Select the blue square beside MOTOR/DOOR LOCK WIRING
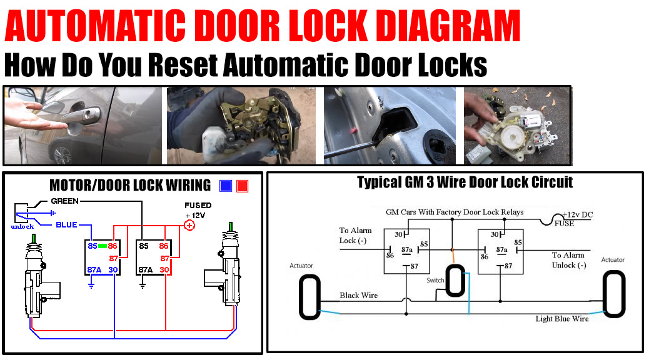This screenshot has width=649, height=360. click(226, 186)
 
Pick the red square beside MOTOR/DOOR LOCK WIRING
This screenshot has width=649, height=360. click(242, 186)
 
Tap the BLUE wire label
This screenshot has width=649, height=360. click(66, 224)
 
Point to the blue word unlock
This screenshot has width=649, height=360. click(23, 226)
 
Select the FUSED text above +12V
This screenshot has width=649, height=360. click(198, 205)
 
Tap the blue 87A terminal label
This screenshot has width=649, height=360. click(94, 269)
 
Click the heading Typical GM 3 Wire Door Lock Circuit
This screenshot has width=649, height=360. click(465, 182)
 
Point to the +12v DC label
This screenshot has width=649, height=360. click(577, 214)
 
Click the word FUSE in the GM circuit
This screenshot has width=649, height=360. click(564, 223)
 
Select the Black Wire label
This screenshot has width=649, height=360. click(358, 295)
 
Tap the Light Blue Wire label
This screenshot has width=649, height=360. click(561, 319)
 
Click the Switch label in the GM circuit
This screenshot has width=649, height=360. click(435, 280)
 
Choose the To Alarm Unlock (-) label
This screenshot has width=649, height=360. click(568, 260)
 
